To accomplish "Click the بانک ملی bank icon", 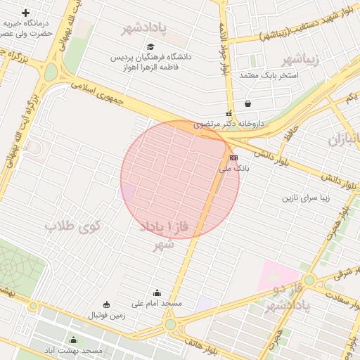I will (233, 158).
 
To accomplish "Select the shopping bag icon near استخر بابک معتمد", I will (247, 104).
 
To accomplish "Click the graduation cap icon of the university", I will (150, 46).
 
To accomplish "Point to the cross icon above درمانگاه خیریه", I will (26, 13).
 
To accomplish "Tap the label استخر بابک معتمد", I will (269, 75).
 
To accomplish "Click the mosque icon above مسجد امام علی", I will (156, 292).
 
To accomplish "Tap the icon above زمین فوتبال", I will (106, 304).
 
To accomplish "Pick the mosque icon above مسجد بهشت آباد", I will (73, 340).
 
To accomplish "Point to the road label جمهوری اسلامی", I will (98, 92).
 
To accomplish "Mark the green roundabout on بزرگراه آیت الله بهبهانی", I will (51, 72).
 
